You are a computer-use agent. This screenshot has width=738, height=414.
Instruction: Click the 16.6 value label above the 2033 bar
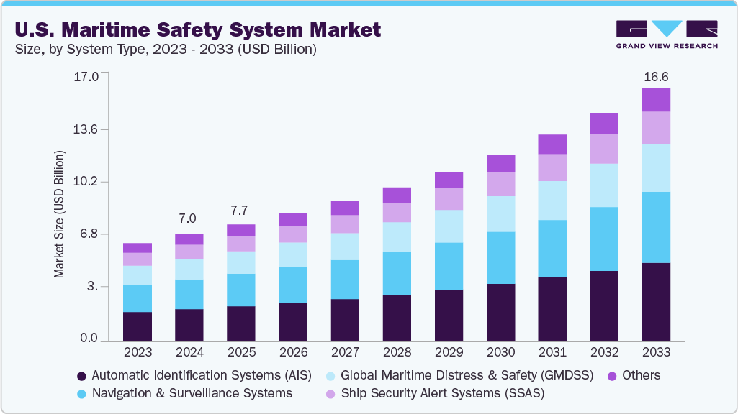[x=656, y=76]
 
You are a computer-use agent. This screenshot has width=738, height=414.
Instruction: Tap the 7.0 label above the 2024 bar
[x=189, y=218]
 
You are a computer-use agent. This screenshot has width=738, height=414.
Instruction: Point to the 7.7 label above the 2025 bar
[x=240, y=211]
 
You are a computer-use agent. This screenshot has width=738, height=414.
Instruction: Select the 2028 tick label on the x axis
[x=397, y=353]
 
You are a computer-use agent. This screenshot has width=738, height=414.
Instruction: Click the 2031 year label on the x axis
[x=552, y=353]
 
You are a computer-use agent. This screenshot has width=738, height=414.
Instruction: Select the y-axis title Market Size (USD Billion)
[x=59, y=214]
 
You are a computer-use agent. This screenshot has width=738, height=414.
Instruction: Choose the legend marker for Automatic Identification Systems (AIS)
[x=81, y=376]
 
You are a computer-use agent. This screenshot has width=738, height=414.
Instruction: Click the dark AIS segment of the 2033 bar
[x=656, y=301]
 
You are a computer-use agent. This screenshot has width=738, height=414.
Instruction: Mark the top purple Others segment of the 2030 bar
[x=500, y=163]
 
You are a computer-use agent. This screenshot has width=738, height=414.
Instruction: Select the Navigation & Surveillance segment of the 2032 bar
[x=604, y=239]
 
